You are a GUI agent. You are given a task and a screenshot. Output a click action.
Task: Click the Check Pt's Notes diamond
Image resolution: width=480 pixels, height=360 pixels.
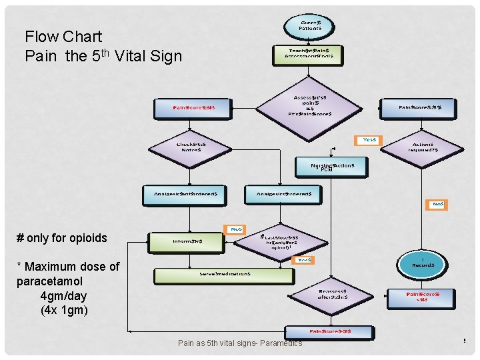coord(191,147)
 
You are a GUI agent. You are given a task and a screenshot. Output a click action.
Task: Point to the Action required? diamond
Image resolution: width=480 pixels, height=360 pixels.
coord(423,147)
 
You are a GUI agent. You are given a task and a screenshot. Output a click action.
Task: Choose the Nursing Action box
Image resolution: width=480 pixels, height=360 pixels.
coord(331,167)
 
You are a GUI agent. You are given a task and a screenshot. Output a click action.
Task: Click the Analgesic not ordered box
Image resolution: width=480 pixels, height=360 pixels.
coord(189,194)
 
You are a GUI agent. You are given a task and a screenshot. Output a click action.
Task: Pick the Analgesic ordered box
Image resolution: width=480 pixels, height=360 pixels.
coord(283,194)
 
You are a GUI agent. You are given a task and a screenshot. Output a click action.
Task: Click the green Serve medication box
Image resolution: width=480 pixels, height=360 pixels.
coord(225,274)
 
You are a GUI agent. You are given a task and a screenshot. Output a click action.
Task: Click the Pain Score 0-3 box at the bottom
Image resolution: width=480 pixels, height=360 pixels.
coord(330,331)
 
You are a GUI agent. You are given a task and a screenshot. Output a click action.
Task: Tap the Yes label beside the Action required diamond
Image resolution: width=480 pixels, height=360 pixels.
coord(369,140)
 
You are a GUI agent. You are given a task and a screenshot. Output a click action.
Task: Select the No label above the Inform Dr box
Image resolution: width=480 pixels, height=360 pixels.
coord(236,229)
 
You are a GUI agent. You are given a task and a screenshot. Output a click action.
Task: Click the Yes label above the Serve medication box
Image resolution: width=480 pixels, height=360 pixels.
coord(304,259)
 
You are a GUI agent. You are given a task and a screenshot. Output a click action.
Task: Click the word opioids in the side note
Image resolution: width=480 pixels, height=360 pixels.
coord(87,238)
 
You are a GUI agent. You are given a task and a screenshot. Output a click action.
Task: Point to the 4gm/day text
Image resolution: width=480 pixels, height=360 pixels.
coord(63,296)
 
